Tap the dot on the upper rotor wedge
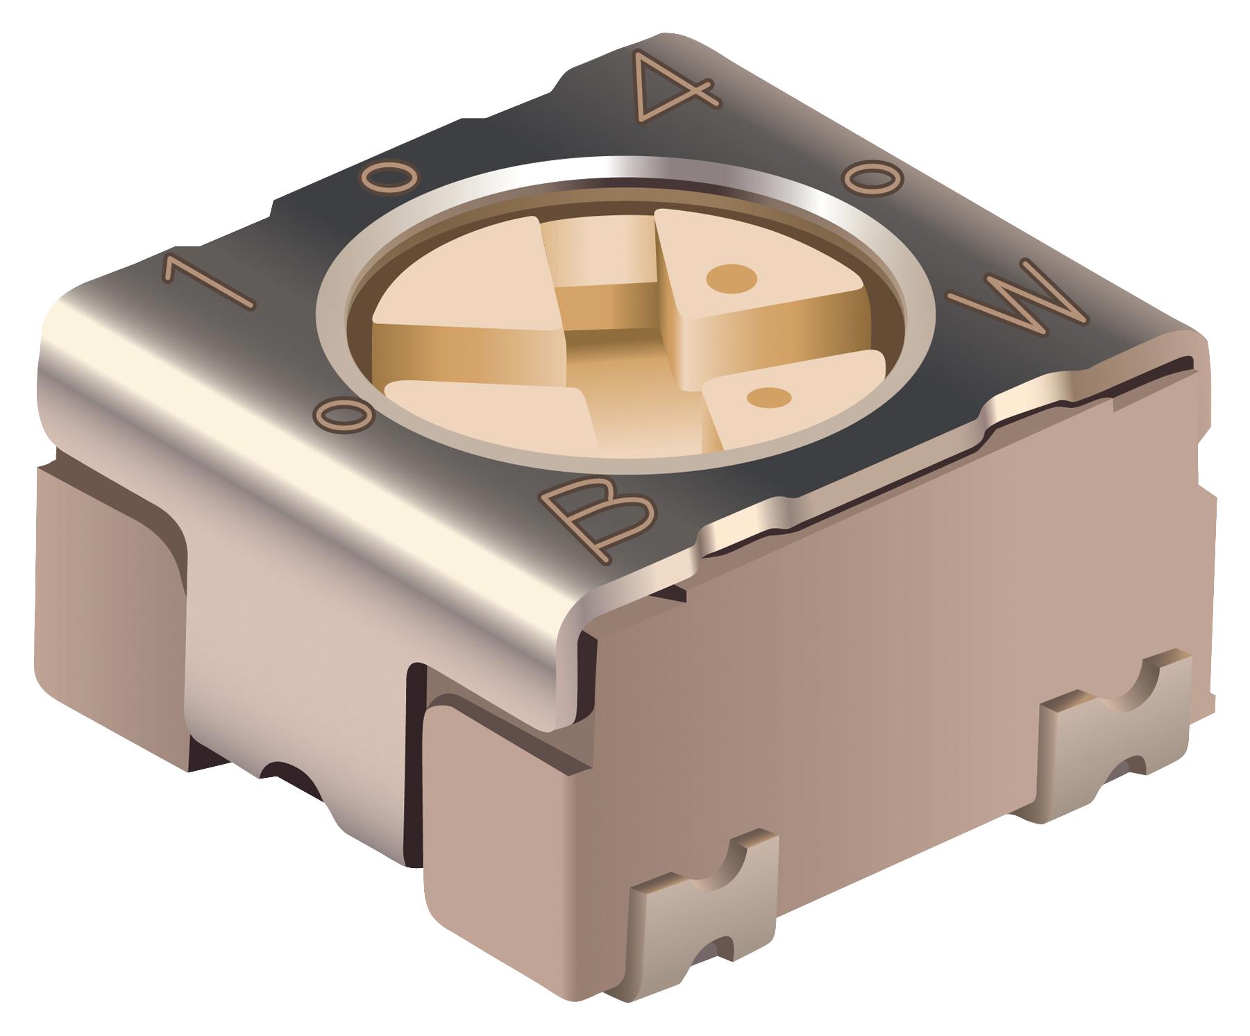pyautogui.click(x=731, y=278)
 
